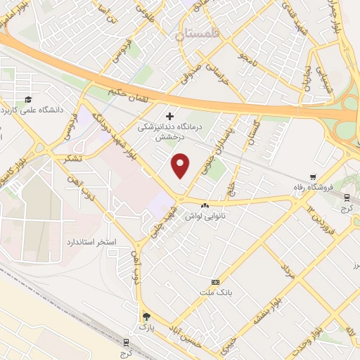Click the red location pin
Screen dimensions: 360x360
pos(181,165)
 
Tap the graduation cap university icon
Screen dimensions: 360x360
pos(27,100)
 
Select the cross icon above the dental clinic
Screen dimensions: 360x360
pos(169,115)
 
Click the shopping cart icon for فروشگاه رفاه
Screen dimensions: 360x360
pos(313,177)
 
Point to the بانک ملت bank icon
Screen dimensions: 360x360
pos(215,281)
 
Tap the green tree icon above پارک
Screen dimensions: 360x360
pos(146,316)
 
